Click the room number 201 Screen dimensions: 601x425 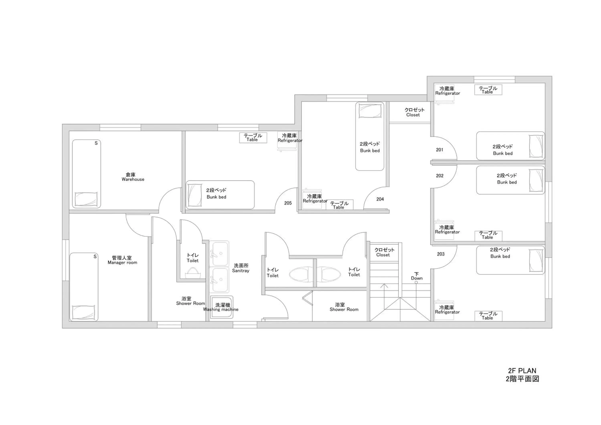click(440, 150)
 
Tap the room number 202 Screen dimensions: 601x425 click(440, 176)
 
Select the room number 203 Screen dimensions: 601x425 click(441, 254)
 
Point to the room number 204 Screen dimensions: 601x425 click(380, 199)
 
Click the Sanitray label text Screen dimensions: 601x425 click(241, 271)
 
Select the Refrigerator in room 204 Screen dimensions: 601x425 click(312, 199)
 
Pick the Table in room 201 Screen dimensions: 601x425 click(488, 90)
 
